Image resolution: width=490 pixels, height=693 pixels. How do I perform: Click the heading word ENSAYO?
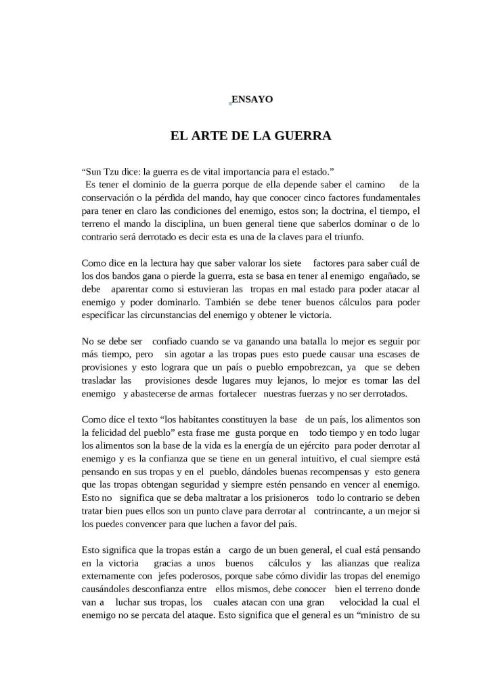point(252,99)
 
